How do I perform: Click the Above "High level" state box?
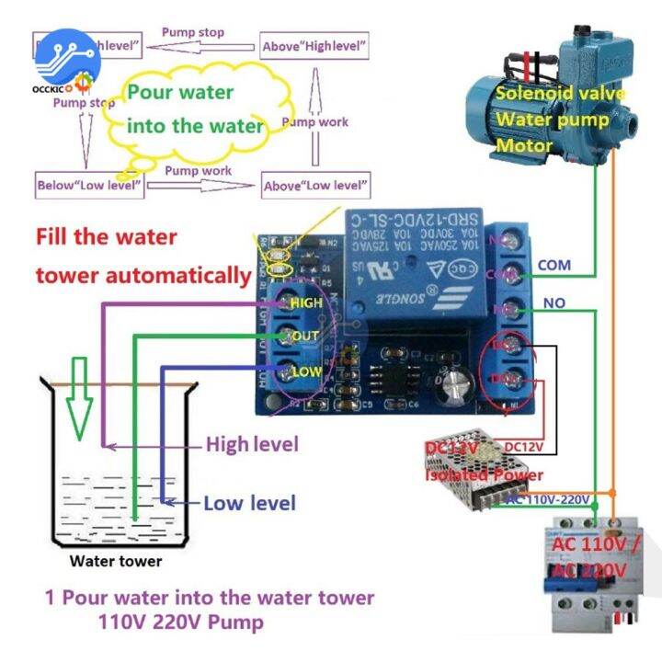click(x=314, y=44)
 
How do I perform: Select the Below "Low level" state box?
click(x=89, y=185)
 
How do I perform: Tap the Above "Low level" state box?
click(x=314, y=186)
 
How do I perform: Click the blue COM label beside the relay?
click(x=554, y=265)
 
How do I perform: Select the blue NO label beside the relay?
click(x=554, y=302)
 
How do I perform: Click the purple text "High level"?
click(x=252, y=444)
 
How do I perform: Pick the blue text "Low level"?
click(x=249, y=503)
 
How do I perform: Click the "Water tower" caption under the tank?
click(x=116, y=561)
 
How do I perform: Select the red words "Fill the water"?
click(x=106, y=236)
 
